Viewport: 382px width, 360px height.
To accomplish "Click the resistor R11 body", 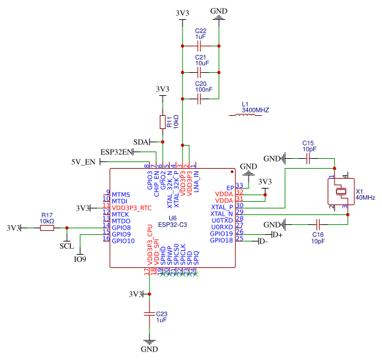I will tap(163, 122).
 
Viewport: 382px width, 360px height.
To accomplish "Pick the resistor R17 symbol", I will tap(46, 228).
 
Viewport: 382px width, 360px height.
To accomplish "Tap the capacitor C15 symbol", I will tap(307, 159).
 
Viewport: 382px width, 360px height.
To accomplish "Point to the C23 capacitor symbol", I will tap(150, 315).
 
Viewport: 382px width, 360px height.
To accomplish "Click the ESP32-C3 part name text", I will tap(172, 224).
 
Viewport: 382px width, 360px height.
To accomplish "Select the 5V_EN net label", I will tap(83, 162).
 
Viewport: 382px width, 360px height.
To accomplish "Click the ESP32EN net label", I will tap(116, 152).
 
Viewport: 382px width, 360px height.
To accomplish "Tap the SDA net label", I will tap(141, 142).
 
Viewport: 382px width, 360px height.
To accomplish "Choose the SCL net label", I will tap(66, 246).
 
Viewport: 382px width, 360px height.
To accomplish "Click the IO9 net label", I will tap(79, 259).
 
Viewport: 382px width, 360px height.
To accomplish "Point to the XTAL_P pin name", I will tap(221, 206).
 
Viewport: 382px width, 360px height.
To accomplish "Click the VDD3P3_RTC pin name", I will tap(132, 208).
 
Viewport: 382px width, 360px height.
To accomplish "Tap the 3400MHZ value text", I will tap(256, 111).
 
